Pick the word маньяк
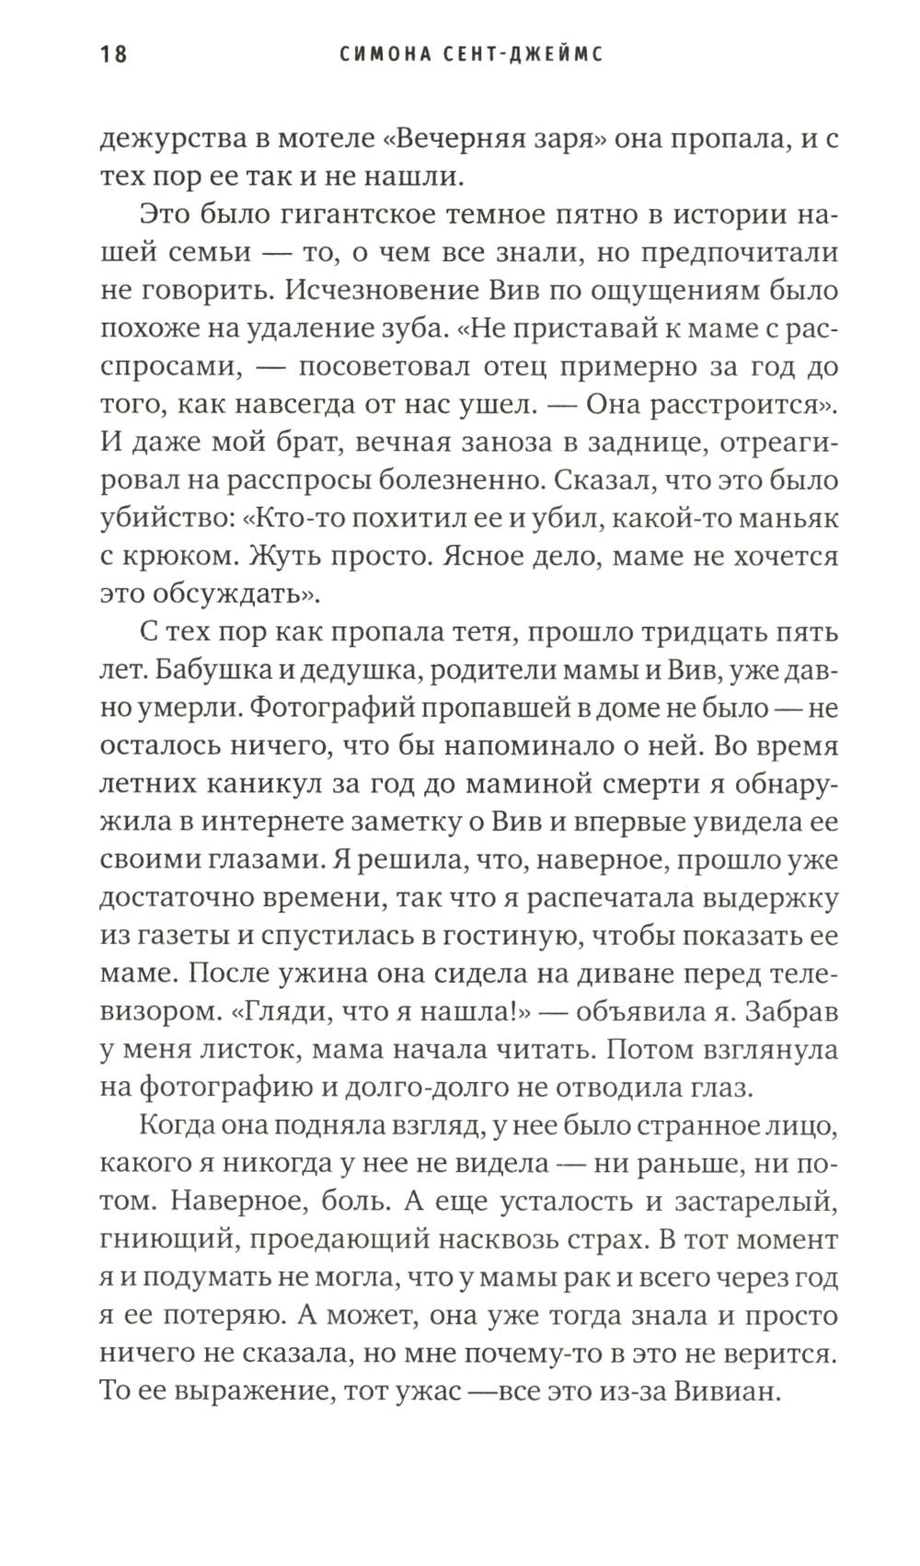coord(793,518)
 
